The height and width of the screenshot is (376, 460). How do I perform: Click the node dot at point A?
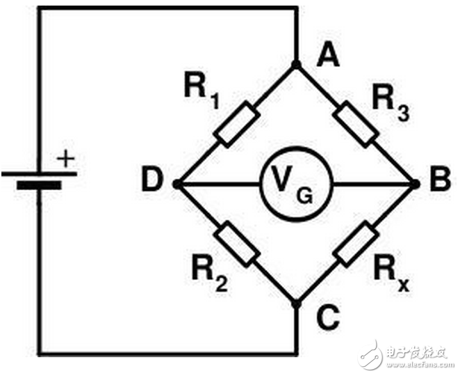pyautogui.click(x=296, y=65)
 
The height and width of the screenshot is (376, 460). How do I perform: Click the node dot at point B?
pyautogui.click(x=415, y=185)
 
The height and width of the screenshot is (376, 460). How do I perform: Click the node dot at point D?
pyautogui.click(x=177, y=185)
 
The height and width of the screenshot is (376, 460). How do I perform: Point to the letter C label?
pyautogui.click(x=327, y=318)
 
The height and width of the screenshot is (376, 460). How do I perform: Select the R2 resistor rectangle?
pyautogui.click(x=236, y=244)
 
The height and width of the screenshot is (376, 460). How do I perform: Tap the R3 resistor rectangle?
pyautogui.click(x=356, y=125)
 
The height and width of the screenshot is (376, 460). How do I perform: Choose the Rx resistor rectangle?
pyautogui.click(x=356, y=244)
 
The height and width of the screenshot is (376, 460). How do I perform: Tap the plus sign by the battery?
pyautogui.click(x=65, y=159)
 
